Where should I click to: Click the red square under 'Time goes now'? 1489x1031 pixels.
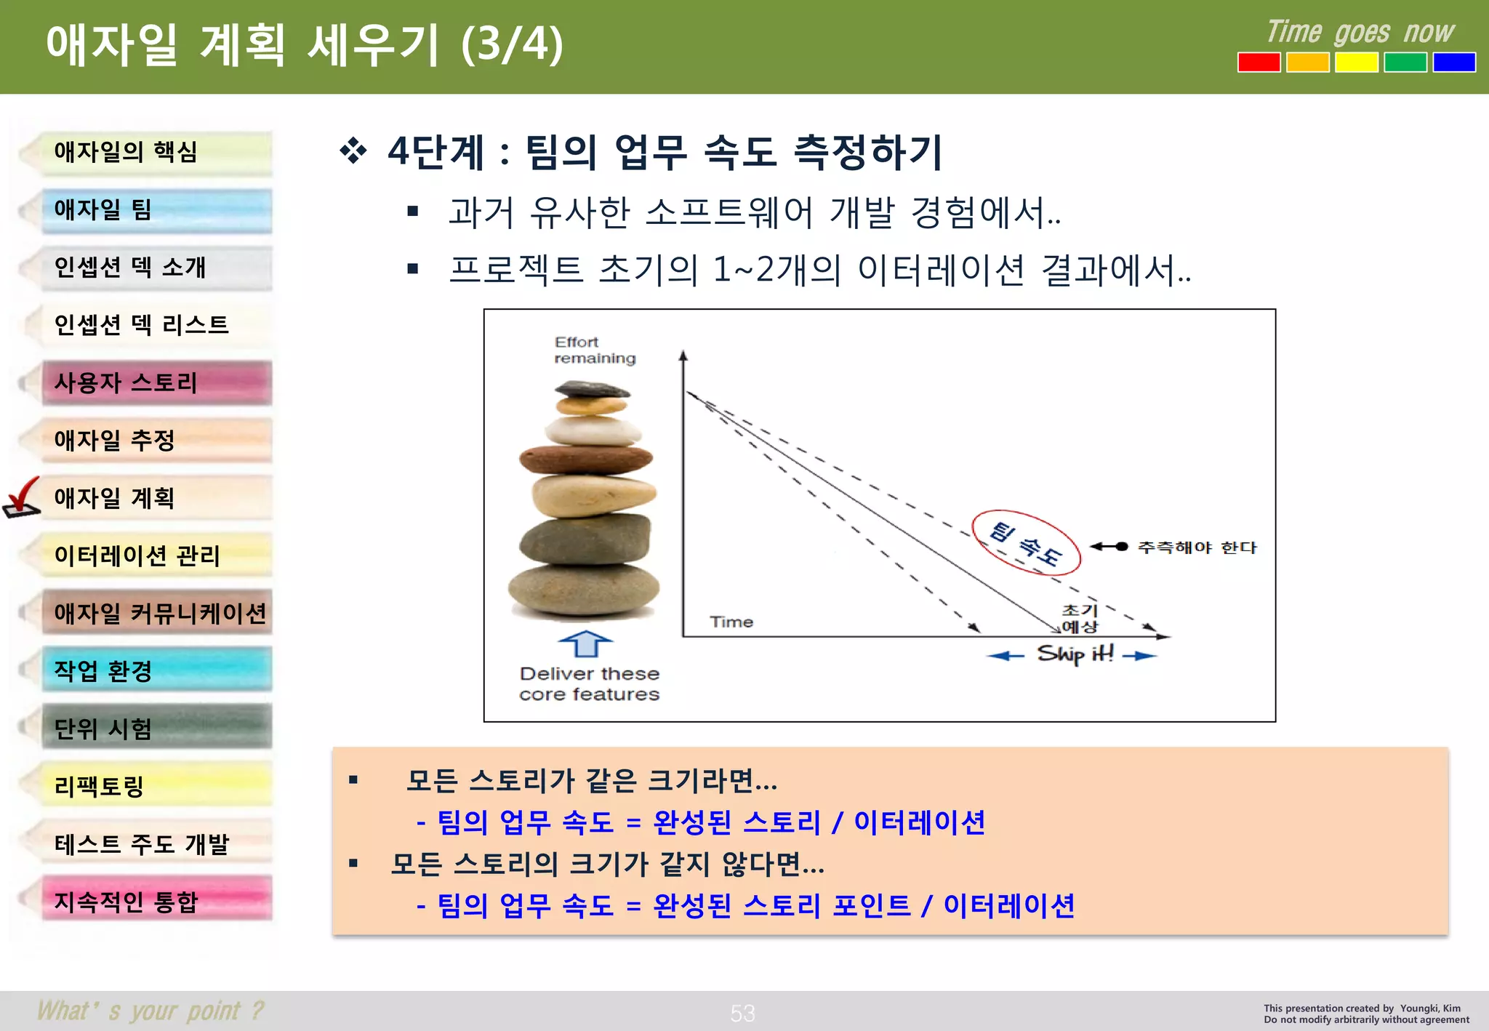coord(1259,63)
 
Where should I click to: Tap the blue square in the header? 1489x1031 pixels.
coord(1453,63)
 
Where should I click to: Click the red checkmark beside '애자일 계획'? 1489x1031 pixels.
coord(22,497)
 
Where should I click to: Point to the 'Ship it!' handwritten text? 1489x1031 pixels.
coord(1075,654)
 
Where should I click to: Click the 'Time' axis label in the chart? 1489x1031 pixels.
coord(731,622)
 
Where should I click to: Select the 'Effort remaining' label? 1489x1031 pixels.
coord(594,350)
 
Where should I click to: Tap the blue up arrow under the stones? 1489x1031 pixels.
coord(585,644)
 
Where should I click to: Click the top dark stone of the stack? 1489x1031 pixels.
coord(592,390)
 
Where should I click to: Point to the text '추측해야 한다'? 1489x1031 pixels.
coord(1197,547)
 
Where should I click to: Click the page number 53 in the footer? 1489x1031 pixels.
coord(742,1013)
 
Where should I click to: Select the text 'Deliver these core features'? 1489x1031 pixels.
coord(590,684)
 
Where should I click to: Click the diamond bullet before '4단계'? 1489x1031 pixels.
coord(353,151)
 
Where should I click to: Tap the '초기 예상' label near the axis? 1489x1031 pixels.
coord(1080,618)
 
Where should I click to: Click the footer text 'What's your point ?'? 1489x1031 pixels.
coord(150,1011)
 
